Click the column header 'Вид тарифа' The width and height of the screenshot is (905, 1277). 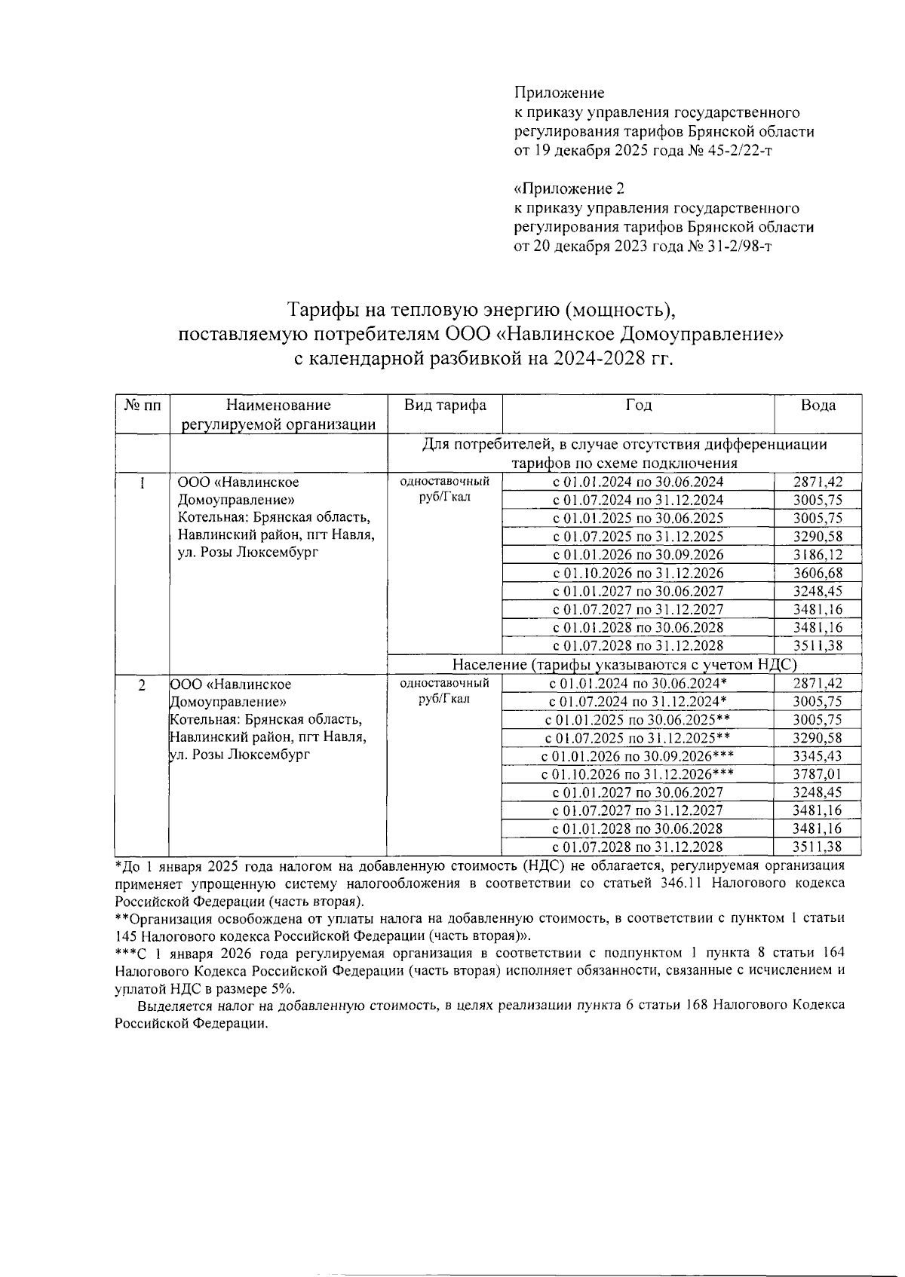(x=444, y=406)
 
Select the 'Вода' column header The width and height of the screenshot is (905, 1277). (x=818, y=406)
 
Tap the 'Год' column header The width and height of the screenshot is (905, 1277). (x=638, y=406)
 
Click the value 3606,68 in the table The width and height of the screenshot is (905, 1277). (x=818, y=573)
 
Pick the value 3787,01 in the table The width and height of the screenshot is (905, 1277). (x=818, y=774)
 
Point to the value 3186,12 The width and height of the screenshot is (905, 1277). (x=818, y=555)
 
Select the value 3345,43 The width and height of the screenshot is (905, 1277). (x=818, y=756)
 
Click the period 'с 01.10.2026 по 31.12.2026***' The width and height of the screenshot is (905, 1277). (x=638, y=774)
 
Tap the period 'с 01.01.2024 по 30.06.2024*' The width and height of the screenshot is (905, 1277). (x=638, y=684)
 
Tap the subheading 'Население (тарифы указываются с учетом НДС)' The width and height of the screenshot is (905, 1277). (x=624, y=665)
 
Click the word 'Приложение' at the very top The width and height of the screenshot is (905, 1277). (x=559, y=93)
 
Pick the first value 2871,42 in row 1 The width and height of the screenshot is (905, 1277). (x=818, y=482)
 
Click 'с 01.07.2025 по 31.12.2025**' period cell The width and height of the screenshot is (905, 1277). (x=638, y=738)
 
